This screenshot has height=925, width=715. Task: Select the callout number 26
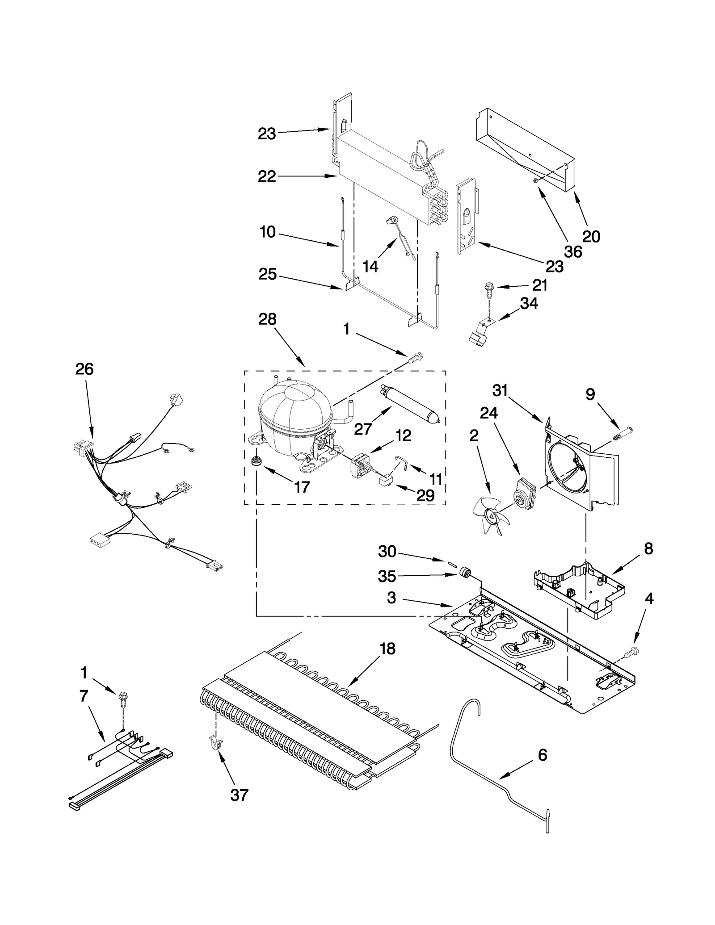[x=84, y=369]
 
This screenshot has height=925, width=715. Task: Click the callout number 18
[x=387, y=649]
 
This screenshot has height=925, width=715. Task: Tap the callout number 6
[x=542, y=755]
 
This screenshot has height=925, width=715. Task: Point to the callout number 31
[x=500, y=390]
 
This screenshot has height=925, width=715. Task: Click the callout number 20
[x=591, y=236]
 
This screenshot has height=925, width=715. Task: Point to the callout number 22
[x=267, y=176]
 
